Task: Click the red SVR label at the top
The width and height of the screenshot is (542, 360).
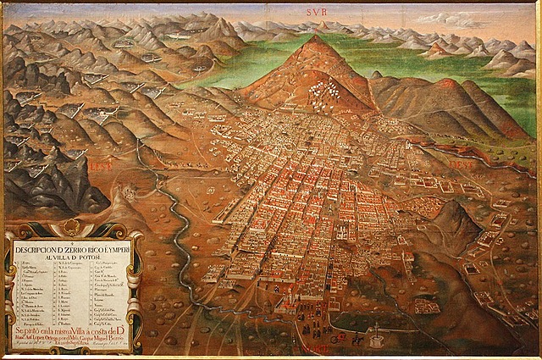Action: (316, 12)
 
